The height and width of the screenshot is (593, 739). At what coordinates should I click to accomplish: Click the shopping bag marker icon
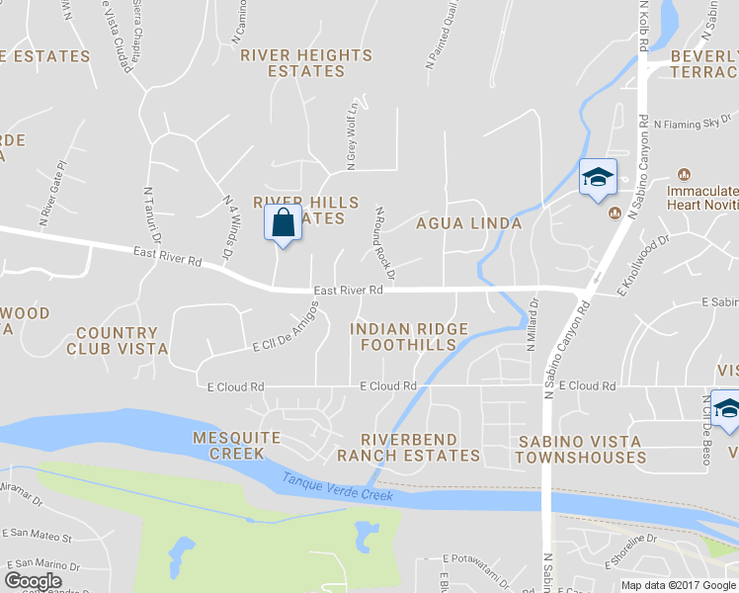tap(283, 222)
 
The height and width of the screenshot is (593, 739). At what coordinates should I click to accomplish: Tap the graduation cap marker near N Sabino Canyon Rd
tap(597, 178)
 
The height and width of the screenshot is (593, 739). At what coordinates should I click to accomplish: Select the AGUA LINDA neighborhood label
tap(468, 223)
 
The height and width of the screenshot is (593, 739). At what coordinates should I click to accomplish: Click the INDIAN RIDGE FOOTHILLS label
tap(408, 336)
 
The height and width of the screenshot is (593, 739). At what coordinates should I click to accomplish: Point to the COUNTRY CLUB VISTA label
tap(117, 341)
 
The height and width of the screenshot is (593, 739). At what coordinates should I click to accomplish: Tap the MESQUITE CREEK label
tap(236, 446)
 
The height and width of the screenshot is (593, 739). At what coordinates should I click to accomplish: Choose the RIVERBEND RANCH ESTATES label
tap(408, 448)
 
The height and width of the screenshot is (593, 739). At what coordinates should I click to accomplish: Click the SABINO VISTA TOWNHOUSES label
tap(580, 450)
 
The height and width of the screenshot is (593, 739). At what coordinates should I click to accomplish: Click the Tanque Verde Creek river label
tap(339, 487)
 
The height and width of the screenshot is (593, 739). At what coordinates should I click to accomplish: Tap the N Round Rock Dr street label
tap(385, 243)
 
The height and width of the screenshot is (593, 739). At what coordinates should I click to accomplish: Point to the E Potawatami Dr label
tap(478, 558)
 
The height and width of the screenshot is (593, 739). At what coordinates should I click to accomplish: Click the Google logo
tap(34, 580)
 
